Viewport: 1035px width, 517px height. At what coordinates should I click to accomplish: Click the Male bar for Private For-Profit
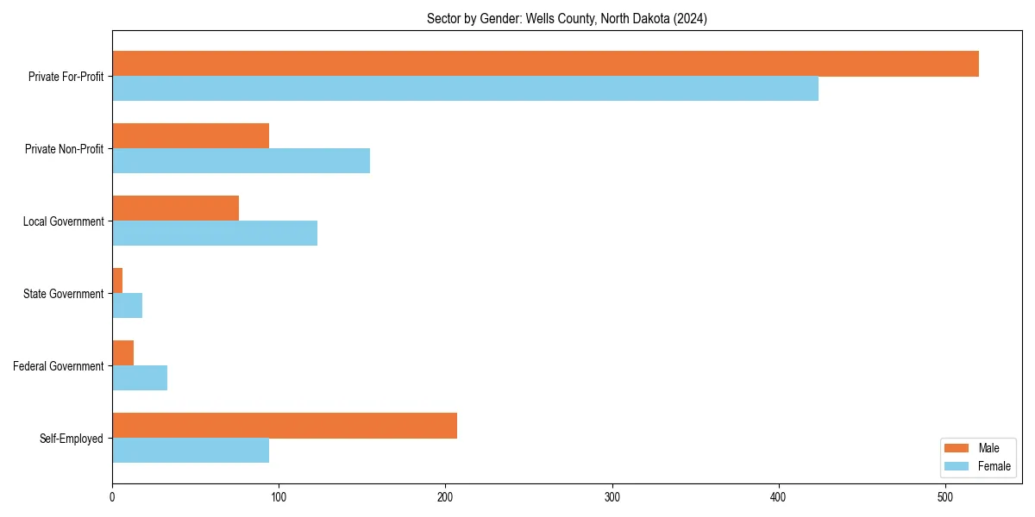[x=545, y=64]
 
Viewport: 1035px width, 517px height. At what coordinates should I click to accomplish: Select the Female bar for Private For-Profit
[x=465, y=89]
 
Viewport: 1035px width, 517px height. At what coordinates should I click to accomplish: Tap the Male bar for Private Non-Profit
[x=191, y=136]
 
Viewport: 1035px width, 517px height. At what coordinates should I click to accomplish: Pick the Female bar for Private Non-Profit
[x=241, y=161]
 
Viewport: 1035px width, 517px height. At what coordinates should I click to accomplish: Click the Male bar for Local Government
[x=175, y=209]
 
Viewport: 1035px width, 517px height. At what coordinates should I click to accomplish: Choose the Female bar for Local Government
[x=215, y=234]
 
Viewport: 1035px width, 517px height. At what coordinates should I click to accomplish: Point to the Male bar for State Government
[x=117, y=281]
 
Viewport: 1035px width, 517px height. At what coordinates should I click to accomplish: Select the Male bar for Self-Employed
[x=285, y=426]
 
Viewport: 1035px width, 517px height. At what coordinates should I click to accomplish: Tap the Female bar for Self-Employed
[x=191, y=451]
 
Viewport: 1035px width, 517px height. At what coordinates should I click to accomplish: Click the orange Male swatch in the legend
[x=957, y=448]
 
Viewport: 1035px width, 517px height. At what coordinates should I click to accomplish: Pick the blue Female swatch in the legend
[x=957, y=466]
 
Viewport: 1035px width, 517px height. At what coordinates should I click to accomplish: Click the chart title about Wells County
[x=567, y=19]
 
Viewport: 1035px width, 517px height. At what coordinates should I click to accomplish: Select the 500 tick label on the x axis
[x=945, y=497]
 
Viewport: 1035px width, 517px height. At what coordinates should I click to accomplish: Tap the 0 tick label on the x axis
[x=112, y=497]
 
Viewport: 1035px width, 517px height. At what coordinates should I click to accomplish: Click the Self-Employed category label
[x=72, y=439]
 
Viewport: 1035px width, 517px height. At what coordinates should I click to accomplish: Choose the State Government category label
[x=64, y=294]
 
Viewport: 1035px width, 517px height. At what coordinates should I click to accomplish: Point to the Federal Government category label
[x=59, y=366]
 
